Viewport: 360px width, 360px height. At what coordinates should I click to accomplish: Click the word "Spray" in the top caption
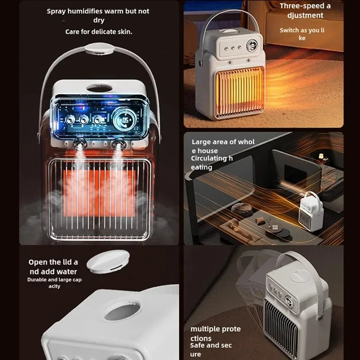pyautogui.click(x=57, y=11)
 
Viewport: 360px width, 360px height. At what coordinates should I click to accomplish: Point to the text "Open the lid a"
pyautogui.click(x=53, y=262)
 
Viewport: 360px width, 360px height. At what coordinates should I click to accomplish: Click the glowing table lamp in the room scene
pyautogui.click(x=321, y=156)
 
